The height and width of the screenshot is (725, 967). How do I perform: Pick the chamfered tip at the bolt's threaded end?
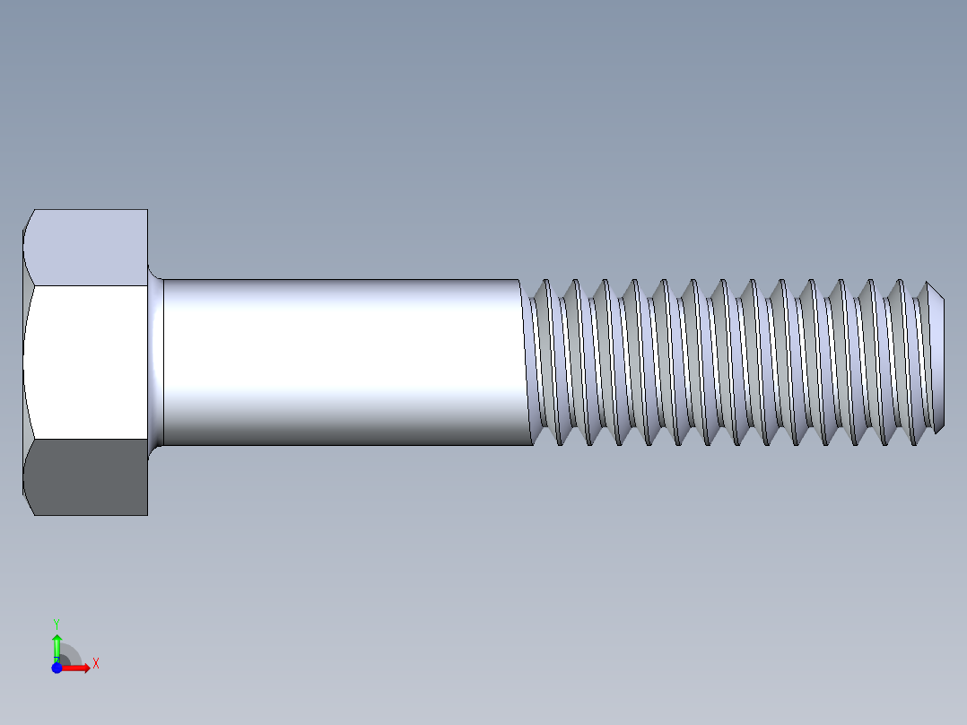937,359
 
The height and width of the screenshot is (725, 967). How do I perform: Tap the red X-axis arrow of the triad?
78,668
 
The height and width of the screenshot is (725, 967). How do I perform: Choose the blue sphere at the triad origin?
57,668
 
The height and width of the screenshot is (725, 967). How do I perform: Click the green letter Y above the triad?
57,623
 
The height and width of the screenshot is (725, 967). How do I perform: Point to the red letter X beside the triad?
95,664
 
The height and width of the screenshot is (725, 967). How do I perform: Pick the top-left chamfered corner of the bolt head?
28,221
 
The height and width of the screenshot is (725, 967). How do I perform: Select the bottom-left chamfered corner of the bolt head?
28,504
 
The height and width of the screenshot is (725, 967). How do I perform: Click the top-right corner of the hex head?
147,211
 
